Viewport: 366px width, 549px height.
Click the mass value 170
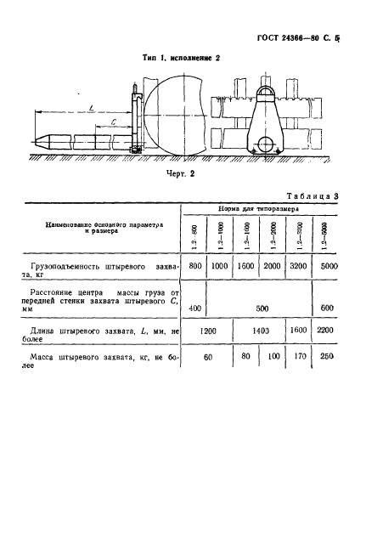pos(298,380)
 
